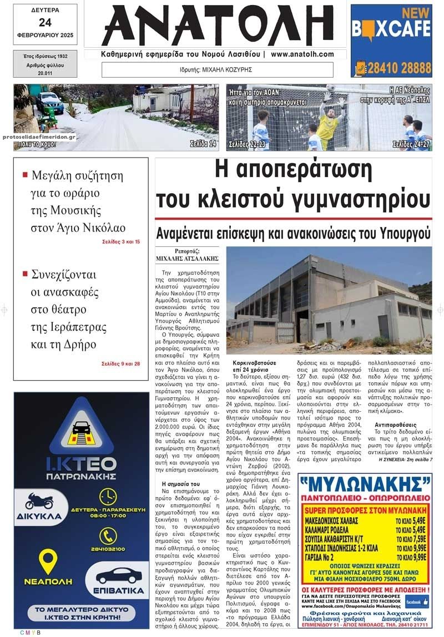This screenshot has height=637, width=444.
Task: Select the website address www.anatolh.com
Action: point(302,54)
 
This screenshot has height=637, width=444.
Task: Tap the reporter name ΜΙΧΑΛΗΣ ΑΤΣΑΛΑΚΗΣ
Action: point(180,259)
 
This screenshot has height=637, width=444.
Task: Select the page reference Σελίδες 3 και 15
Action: point(121,242)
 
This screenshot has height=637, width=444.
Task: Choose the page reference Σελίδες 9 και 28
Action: point(121,363)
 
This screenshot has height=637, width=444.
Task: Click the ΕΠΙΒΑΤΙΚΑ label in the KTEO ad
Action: point(119,590)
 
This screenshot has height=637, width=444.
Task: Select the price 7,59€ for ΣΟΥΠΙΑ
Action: point(416,538)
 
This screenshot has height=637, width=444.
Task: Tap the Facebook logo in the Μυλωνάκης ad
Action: point(415,601)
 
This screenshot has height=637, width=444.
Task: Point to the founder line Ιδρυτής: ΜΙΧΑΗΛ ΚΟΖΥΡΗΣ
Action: point(217,70)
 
